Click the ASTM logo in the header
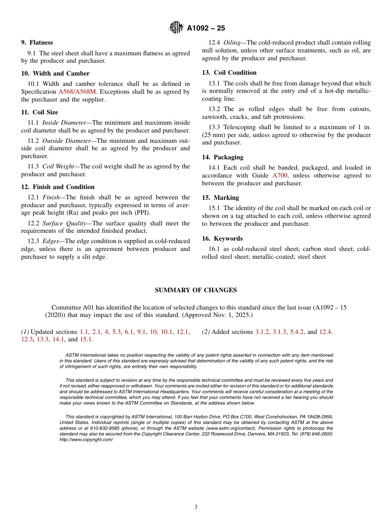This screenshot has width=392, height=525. pyautogui.click(x=176, y=28)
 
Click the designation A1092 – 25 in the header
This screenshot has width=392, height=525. pyautogui.click(x=206, y=28)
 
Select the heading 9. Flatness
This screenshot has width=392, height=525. pyautogui.click(x=37, y=43)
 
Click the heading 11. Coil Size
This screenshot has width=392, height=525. pyautogui.click(x=40, y=112)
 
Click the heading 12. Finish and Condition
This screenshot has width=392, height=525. pyautogui.click(x=58, y=187)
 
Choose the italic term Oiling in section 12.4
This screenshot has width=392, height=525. pyautogui.click(x=232, y=43)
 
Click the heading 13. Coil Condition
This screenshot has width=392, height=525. pyautogui.click(x=229, y=73)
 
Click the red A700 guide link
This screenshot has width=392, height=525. pyautogui.click(x=280, y=175)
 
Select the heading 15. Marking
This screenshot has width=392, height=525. pyautogui.click(x=220, y=198)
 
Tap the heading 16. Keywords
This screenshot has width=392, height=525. pyautogui.click(x=222, y=239)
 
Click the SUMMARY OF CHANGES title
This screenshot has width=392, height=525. pyautogui.click(x=196, y=290)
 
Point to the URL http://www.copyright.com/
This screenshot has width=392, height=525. pyautogui.click(x=86, y=440)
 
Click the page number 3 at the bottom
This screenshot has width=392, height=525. pyautogui.click(x=196, y=507)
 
